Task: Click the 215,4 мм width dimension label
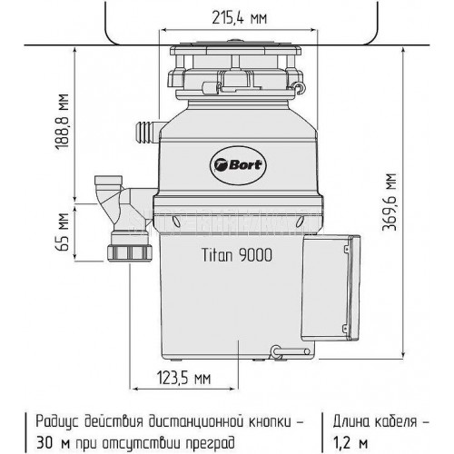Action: tap(240, 18)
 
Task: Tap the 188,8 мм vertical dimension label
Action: tap(62, 122)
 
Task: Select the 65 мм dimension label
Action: tap(62, 232)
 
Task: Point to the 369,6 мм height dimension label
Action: tap(390, 202)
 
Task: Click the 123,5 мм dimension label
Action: tap(183, 378)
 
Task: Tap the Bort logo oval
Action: tap(238, 164)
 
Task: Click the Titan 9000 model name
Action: tap(237, 255)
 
